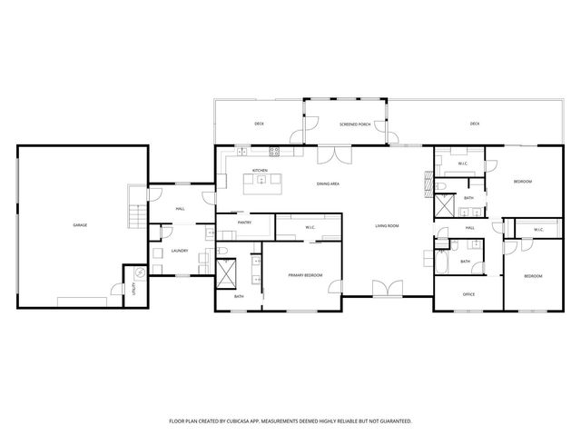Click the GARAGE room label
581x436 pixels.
pos(80,224)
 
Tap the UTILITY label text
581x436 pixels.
pos(133,289)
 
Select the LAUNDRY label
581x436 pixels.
pos(179,252)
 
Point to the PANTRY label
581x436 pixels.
pos(244,222)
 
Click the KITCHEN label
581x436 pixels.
pos(260,171)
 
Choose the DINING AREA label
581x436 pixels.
pos(328,184)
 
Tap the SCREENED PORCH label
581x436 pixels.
pos(355,124)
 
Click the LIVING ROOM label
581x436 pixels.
pos(388,225)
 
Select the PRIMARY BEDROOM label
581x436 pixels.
pos(305,274)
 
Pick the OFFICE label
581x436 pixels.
pos(468,294)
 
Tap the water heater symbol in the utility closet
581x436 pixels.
pos(140,272)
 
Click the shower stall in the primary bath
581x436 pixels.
pos(228,272)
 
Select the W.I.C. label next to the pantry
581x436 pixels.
pos(310,227)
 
